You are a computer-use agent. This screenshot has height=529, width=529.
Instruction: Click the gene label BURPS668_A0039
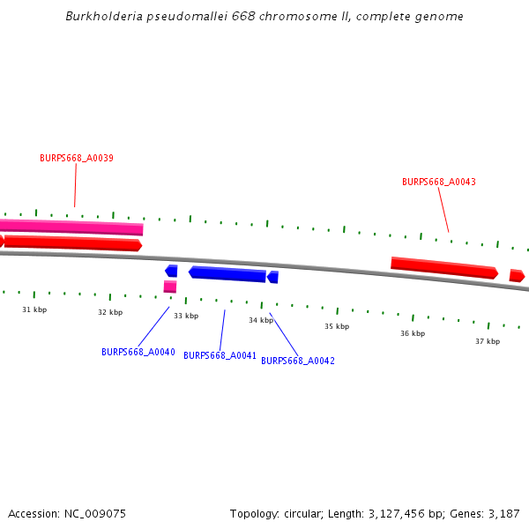(x=77, y=158)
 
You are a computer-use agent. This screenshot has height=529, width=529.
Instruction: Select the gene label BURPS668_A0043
(x=439, y=182)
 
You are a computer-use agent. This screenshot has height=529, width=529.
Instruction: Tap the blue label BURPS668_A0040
(x=138, y=352)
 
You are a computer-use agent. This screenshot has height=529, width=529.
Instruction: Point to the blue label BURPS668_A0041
(x=220, y=355)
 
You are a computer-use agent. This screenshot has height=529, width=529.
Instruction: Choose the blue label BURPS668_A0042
(x=298, y=361)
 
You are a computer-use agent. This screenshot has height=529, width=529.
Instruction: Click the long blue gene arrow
(x=227, y=274)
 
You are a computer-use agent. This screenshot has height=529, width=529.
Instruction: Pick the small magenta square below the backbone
(x=170, y=287)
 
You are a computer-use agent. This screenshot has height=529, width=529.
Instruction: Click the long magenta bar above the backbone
(x=71, y=227)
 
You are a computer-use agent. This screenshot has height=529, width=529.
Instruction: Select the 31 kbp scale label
(x=34, y=309)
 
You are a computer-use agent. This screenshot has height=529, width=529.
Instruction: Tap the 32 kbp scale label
(x=110, y=312)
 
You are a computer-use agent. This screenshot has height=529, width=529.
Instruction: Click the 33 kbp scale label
(x=186, y=316)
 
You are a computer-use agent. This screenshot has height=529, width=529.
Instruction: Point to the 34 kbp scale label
(x=261, y=320)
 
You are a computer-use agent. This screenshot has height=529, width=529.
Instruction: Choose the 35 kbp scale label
(x=337, y=326)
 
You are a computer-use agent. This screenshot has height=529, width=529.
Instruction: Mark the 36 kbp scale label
(x=413, y=333)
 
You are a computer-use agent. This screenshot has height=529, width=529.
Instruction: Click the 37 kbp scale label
(x=488, y=341)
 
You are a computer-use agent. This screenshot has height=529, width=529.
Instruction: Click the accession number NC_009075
(x=95, y=514)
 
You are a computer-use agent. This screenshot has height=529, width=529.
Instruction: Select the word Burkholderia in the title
(x=104, y=16)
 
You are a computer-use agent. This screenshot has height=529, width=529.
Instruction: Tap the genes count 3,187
(x=504, y=514)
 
